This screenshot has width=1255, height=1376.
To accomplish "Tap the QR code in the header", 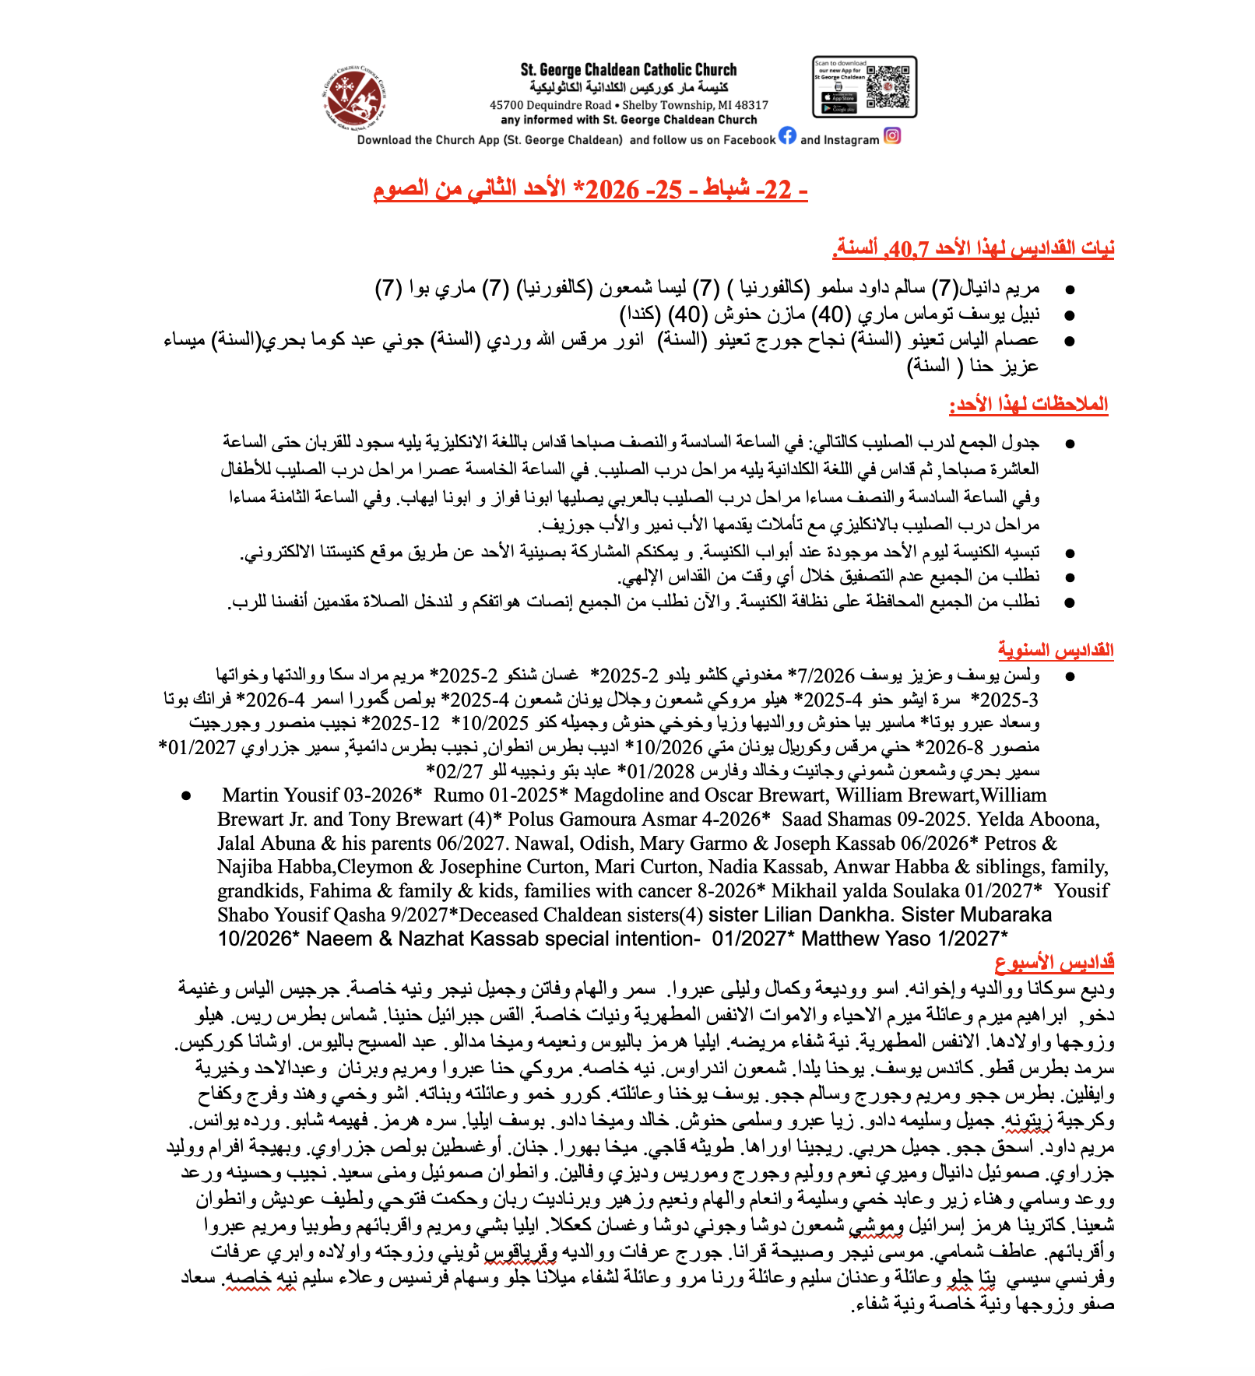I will [x=888, y=87].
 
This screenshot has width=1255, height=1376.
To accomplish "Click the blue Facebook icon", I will [x=787, y=135].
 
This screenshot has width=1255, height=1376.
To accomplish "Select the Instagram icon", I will [x=892, y=135].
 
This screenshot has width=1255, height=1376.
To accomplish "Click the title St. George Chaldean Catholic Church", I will [x=628, y=70].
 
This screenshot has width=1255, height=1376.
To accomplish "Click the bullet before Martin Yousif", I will [x=186, y=796].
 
